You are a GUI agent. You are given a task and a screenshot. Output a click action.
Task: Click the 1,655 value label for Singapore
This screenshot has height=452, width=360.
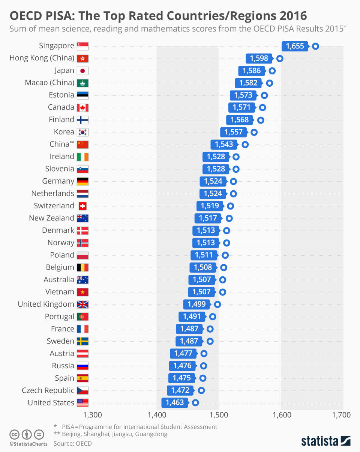295,46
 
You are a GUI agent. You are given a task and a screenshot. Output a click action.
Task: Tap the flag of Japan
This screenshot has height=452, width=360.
82,71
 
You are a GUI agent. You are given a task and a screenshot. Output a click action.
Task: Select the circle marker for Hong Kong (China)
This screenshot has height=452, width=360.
280,58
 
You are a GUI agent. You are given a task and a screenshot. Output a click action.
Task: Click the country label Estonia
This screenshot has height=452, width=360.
61,95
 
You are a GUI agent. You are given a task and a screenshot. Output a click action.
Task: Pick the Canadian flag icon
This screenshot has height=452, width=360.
82,107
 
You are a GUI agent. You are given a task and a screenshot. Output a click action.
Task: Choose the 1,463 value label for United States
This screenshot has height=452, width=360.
175,403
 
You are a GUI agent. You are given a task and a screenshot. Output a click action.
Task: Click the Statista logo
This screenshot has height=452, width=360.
325,440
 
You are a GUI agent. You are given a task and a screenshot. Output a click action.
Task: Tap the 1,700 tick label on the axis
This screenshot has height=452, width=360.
341,415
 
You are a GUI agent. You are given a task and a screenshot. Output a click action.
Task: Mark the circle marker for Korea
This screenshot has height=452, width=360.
254,132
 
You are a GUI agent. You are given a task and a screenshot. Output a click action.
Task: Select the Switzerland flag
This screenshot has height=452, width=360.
82,206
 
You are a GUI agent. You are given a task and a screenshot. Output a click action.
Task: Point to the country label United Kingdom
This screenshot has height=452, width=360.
46,304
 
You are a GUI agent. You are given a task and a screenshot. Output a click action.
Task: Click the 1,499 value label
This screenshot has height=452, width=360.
196,304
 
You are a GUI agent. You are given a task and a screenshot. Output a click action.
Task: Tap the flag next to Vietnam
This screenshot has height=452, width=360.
82,292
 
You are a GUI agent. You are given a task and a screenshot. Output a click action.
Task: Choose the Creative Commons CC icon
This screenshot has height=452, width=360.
15,434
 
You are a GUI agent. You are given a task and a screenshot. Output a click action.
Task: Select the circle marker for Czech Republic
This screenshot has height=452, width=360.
201,390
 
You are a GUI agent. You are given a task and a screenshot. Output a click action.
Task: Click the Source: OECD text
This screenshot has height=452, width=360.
72,443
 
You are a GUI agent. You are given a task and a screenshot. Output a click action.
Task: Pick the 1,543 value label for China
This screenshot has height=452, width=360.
224,145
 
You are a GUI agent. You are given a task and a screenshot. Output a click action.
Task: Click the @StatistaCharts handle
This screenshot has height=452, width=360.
28,444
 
